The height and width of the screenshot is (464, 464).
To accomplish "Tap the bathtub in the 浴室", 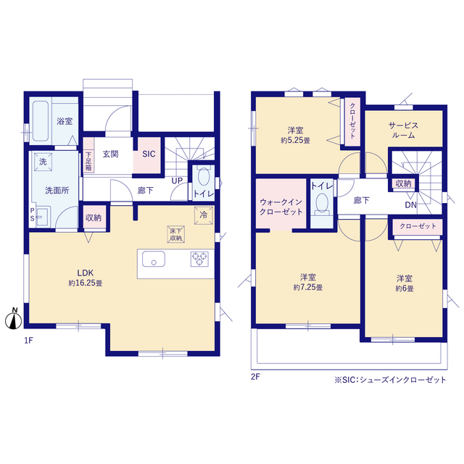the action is click(x=41, y=121).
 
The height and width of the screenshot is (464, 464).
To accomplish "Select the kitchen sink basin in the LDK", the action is click(x=154, y=259).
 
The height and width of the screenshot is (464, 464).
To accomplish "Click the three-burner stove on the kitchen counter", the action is click(x=199, y=259).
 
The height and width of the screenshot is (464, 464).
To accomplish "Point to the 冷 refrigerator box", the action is click(x=204, y=215).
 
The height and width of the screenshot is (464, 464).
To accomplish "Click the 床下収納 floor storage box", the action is click(x=175, y=234).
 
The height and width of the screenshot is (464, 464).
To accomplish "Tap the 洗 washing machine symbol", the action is click(x=43, y=162).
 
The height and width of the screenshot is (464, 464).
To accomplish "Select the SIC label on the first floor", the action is click(x=149, y=154).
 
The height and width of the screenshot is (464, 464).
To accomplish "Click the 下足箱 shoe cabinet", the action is click(x=88, y=155).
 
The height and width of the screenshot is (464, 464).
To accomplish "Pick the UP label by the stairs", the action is click(x=177, y=181).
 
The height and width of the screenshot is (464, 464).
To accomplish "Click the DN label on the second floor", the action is click(x=411, y=204).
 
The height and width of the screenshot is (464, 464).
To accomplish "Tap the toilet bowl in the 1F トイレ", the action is click(x=204, y=177).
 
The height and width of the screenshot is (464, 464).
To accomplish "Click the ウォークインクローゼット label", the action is click(x=281, y=207).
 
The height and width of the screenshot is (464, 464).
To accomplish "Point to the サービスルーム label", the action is click(x=403, y=130).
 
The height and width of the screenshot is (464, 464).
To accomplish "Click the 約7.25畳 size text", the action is click(x=308, y=287).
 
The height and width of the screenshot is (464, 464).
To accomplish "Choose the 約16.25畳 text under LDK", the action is click(x=86, y=283).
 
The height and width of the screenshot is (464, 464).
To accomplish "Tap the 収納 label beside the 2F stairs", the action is click(x=403, y=183).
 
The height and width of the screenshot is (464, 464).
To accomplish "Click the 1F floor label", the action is click(x=28, y=341).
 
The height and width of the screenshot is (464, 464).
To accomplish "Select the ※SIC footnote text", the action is click(x=390, y=380).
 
